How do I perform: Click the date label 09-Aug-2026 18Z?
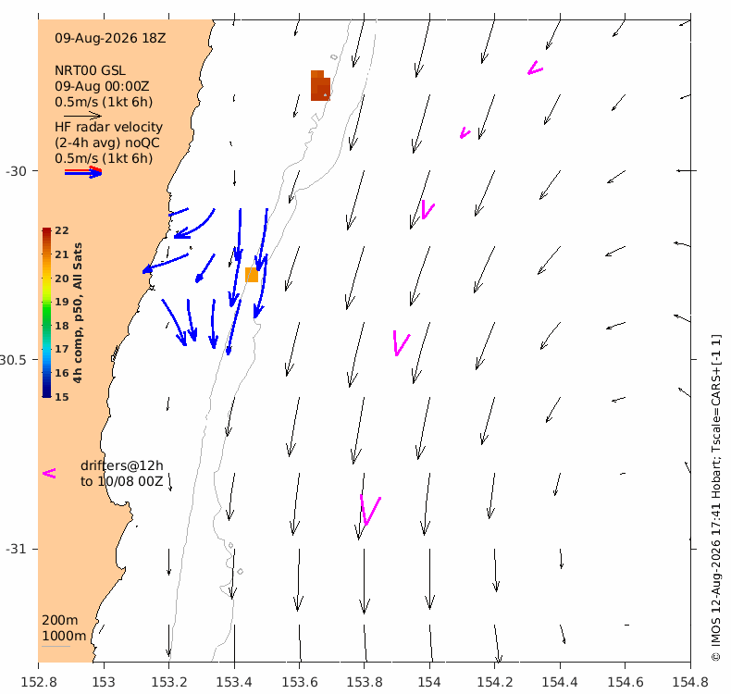coord(110,38)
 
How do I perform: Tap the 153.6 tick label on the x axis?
coord(299,682)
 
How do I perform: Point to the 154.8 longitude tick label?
coord(690,682)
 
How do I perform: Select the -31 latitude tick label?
coord(16,549)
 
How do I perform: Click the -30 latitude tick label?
coord(16,171)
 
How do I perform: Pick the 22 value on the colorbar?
coord(62,230)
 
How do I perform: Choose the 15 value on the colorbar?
coord(62,397)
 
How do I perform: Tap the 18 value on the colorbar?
coord(62,326)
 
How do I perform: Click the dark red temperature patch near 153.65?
coord(320,86)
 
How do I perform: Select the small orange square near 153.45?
coord(252,275)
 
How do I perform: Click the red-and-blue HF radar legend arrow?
coord(83,172)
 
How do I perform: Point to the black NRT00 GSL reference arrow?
coord(82,116)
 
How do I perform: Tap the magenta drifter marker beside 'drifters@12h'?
coord(49,474)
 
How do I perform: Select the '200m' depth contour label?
coord(59,620)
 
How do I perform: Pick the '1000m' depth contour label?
coord(64,636)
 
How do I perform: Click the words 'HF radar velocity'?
coord(108,128)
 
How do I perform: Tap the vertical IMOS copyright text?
coord(716,497)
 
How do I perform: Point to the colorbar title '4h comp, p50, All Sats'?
coord(78,313)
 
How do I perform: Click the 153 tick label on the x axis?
coord(104,682)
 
